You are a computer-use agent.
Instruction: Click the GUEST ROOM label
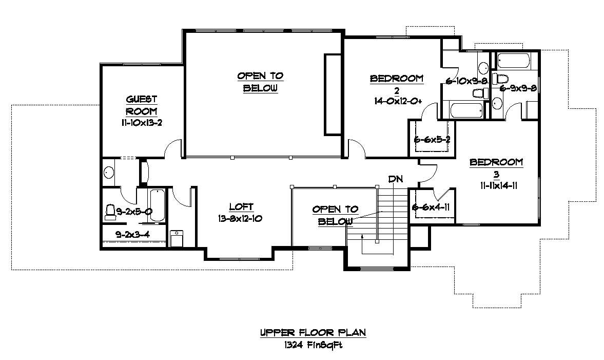pos(141,105)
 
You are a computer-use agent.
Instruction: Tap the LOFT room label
pos(241,207)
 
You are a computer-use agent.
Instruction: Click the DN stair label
pos(395,179)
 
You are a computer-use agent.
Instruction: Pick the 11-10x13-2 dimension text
pos(141,123)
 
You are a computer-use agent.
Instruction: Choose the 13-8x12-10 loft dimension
pos(241,218)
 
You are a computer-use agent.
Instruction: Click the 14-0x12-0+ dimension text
pos(398,101)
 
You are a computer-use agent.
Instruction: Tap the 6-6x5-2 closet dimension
pos(432,139)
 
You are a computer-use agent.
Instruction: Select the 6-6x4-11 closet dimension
pos(432,207)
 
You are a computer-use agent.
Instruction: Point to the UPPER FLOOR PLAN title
pos(313,333)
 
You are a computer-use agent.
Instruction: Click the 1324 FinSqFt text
pos(313,345)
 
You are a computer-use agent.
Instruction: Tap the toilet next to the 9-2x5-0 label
pos(109,212)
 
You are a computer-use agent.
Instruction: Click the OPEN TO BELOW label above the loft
pos(260,82)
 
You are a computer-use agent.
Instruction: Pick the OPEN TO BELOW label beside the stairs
pos(335,215)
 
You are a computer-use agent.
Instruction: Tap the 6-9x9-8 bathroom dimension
pos(518,88)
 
